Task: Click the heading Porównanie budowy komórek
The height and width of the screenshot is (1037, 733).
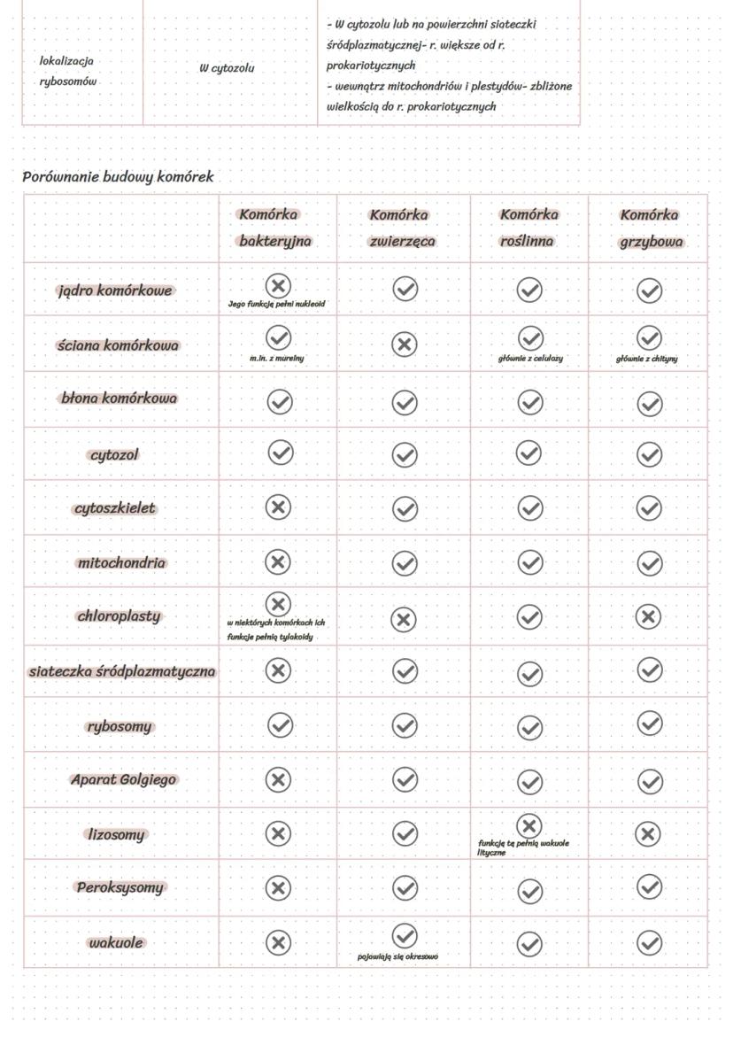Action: tap(118, 176)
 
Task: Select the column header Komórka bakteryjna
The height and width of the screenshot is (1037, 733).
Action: tap(275, 228)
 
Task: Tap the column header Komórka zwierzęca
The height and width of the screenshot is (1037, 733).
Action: tap(403, 228)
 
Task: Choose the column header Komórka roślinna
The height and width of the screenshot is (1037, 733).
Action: tap(529, 228)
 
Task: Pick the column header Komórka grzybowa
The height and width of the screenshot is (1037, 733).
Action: tap(649, 228)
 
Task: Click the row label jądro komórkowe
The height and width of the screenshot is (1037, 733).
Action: tap(115, 290)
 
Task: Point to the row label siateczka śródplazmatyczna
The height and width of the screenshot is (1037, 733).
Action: tap(122, 671)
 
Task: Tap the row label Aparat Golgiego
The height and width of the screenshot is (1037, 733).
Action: tap(123, 780)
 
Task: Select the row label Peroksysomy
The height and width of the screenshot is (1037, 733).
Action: tap(120, 887)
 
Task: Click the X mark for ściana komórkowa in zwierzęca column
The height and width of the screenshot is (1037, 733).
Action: tap(405, 344)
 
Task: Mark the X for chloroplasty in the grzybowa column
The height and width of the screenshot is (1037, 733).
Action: tap(649, 616)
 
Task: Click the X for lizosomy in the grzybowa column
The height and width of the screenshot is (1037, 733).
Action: tap(649, 833)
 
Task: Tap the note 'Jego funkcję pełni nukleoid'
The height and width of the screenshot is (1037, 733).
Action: tap(276, 304)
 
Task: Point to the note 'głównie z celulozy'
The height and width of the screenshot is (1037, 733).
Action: tap(530, 359)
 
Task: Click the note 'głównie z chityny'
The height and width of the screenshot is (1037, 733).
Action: tap(647, 359)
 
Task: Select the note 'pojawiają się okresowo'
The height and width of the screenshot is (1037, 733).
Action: tap(397, 956)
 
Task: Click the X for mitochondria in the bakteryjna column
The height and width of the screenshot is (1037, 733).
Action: tap(278, 561)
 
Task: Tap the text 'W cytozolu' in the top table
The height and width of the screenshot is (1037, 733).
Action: tap(227, 67)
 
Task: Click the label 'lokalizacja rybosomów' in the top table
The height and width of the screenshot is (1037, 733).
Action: tap(68, 71)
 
